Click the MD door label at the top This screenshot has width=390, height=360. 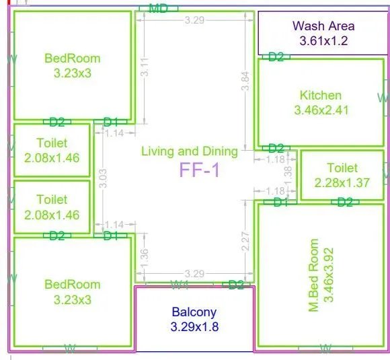[158, 8]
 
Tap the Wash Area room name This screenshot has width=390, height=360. [323, 26]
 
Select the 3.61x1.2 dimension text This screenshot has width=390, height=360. [323, 41]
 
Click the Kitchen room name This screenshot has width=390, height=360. [321, 96]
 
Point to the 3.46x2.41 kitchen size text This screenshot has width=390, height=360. [321, 110]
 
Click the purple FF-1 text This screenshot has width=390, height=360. [200, 170]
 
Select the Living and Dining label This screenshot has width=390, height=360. [190, 151]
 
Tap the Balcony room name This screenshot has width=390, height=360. [194, 312]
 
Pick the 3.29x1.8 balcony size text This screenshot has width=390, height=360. [194, 327]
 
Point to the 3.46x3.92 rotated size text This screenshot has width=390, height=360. [329, 275]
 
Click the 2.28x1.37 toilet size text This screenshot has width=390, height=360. [342, 182]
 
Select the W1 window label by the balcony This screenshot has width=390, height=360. [179, 285]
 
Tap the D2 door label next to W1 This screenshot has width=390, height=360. [236, 285]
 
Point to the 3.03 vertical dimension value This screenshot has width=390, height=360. [103, 178]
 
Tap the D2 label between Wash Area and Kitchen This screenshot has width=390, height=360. [276, 57]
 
